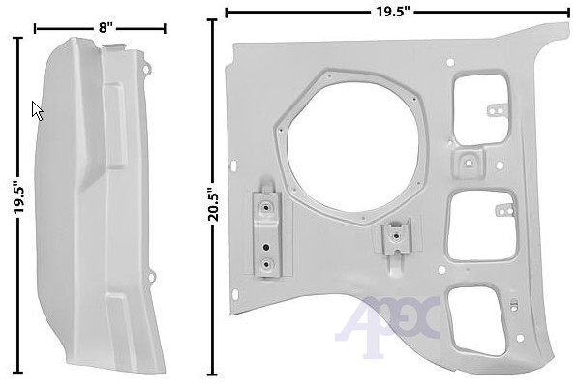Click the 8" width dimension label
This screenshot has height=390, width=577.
point(106,28)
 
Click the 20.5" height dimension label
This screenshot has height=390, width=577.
point(213,204)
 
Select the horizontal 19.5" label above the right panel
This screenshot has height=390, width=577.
point(393,12)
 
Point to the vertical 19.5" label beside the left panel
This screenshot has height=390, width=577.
point(18,196)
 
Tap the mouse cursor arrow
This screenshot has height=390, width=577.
point(37,110)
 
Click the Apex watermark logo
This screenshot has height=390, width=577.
point(387,324)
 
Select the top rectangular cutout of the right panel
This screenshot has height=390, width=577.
point(480,109)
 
